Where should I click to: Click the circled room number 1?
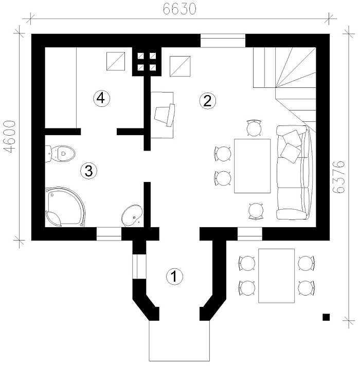[174, 277]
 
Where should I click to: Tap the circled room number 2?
[208, 101]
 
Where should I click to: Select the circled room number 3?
[89, 171]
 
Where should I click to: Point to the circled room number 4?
[102, 99]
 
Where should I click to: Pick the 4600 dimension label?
[10, 137]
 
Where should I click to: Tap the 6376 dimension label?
[339, 177]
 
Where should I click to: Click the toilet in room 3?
[60, 154]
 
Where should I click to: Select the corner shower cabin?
[65, 207]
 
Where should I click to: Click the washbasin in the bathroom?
[132, 215]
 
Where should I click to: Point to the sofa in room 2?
[295, 173]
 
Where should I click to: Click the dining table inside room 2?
[253, 166]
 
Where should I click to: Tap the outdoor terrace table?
[276, 276]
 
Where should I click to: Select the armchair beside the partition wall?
[165, 115]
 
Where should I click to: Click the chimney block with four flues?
[147, 62]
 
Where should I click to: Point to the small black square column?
[326, 317]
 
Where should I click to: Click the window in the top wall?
[223, 41]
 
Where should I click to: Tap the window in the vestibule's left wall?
[139, 266]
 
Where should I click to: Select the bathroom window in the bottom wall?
[109, 234]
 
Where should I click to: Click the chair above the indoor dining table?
[254, 128]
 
